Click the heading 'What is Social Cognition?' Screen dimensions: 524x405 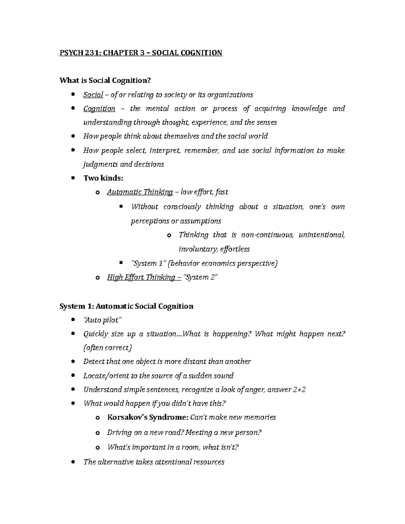[x=105, y=80]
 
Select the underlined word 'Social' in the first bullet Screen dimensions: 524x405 [x=93, y=95]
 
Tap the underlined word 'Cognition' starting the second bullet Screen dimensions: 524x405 [x=99, y=109]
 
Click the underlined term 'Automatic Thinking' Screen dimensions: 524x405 [x=140, y=192]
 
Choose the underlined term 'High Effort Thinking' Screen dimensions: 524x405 [x=141, y=277]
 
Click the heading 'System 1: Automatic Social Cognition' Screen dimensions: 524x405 [x=126, y=306]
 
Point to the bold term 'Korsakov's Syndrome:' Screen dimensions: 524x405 [x=147, y=417]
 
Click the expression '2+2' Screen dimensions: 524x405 [x=299, y=390]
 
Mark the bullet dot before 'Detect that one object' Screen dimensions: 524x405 [x=73, y=362]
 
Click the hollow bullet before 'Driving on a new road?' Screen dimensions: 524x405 [x=98, y=433]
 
